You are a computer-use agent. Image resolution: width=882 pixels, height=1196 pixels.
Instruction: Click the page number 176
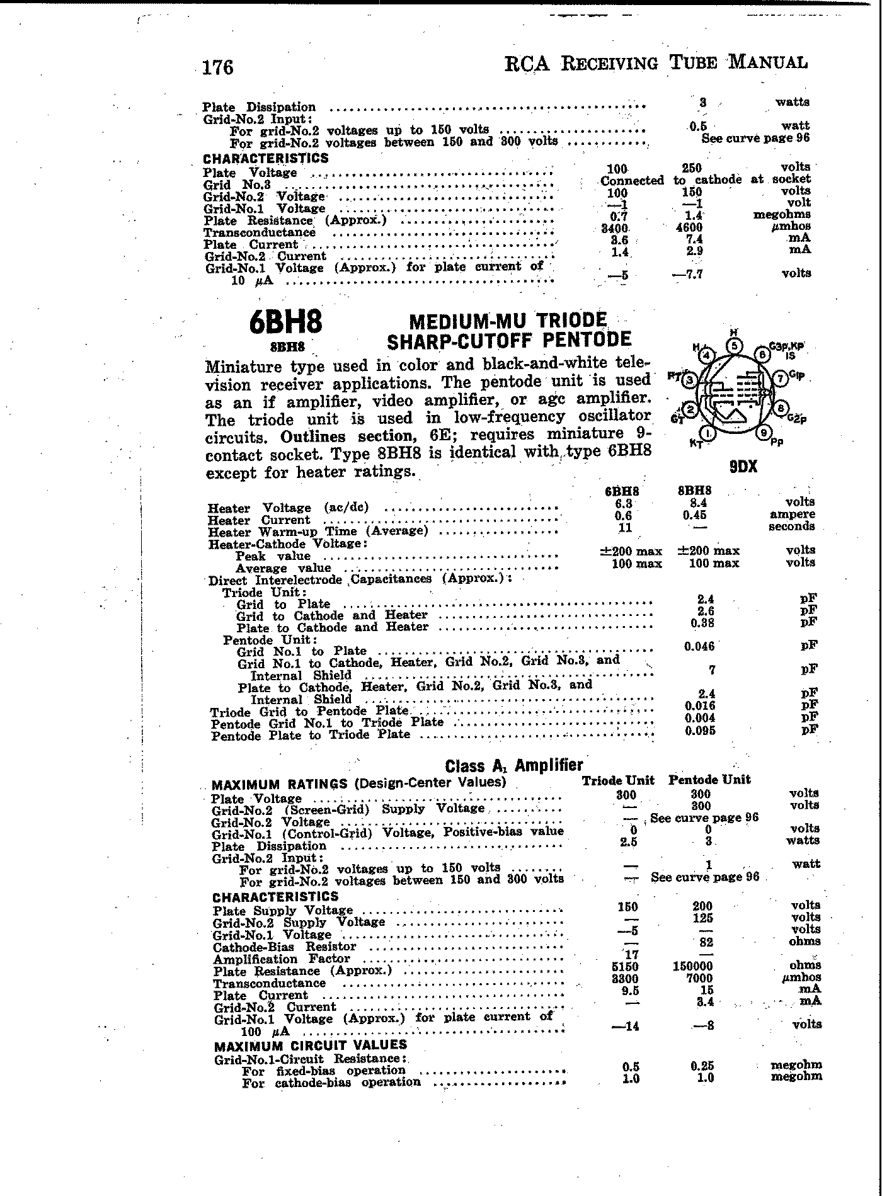click(x=217, y=67)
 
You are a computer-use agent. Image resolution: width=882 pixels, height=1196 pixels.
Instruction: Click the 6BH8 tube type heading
click(x=286, y=322)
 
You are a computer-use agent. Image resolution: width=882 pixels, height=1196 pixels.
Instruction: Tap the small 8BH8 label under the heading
click(x=287, y=346)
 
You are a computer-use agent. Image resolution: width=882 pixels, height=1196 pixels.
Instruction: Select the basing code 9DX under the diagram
click(x=743, y=467)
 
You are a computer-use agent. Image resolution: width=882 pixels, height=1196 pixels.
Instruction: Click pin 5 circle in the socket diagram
click(x=734, y=345)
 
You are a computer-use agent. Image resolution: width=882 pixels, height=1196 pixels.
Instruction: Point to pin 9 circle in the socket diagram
click(x=764, y=433)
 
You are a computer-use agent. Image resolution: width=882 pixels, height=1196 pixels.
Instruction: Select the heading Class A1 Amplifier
click(x=514, y=765)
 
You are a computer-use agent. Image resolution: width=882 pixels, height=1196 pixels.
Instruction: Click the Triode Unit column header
click(x=618, y=780)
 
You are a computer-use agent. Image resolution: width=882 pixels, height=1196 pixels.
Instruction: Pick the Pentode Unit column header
click(x=709, y=780)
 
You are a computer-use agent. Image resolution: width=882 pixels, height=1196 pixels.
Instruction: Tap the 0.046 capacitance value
click(x=699, y=646)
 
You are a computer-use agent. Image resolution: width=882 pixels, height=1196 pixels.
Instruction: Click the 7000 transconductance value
click(x=700, y=978)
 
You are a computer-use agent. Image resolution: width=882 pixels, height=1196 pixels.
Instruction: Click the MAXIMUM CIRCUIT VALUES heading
click(x=311, y=1045)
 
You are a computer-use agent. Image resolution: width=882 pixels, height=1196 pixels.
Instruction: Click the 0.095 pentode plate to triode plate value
click(x=699, y=731)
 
